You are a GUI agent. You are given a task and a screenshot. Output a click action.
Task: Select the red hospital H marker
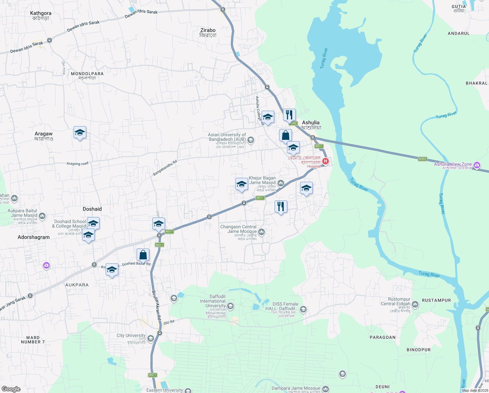click(326, 161)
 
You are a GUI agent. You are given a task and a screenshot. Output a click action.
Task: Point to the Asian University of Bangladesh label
click(227, 137)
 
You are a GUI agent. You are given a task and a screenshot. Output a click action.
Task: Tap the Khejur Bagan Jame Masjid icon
click(281, 183)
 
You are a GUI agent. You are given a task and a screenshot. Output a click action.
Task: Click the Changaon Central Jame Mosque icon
click(261, 232)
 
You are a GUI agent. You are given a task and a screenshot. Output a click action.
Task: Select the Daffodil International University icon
click(230, 306)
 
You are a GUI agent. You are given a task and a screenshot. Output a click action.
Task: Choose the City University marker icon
click(151, 338)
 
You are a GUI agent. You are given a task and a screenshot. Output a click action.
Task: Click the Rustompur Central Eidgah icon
click(415, 304)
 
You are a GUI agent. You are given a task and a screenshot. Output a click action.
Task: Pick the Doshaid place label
click(92, 209)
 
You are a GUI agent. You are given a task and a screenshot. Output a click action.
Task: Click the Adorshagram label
click(34, 237)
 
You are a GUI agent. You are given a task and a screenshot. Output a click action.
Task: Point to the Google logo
click(11, 389)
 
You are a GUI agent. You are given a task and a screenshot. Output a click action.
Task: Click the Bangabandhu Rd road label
click(165, 168)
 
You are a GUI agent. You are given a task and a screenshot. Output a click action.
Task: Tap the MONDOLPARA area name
click(87, 74)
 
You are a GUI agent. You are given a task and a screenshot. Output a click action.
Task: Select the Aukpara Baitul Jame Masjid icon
click(42, 216)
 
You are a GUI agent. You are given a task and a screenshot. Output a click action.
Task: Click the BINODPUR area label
click(418, 350)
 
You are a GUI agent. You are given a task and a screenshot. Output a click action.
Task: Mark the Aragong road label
click(77, 163)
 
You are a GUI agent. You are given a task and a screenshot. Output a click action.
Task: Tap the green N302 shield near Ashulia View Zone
click(422, 159)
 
